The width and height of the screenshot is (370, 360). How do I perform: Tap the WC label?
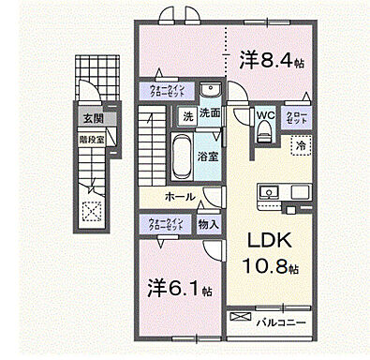[x=263, y=116]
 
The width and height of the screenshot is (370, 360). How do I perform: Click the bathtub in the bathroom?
[x=182, y=153]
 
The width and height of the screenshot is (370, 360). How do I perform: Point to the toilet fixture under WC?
[x=264, y=134]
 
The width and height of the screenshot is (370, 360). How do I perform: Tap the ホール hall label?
[x=179, y=197]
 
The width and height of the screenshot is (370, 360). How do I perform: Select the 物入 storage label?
[x=209, y=225]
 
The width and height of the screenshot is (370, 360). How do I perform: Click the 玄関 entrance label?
[x=91, y=118]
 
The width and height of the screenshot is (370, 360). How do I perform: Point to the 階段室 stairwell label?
[x=91, y=134]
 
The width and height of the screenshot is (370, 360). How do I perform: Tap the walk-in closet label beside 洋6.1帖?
[x=166, y=225]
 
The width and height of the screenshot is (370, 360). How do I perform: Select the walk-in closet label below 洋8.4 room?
[x=167, y=92]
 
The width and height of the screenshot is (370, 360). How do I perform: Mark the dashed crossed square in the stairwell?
[x=92, y=210]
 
